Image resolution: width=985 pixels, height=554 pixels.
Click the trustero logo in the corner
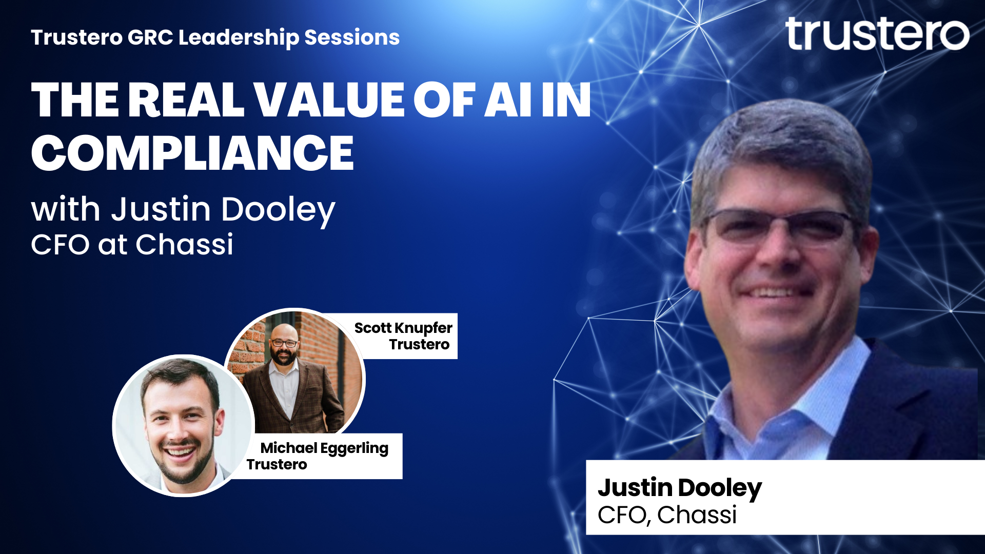coord(877,33)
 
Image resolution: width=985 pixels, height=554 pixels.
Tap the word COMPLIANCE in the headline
coord(192,153)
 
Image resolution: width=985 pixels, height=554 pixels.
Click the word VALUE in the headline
coord(329,100)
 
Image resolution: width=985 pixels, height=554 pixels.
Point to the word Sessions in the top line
coord(352,37)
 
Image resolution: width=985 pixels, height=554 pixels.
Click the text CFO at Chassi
coord(132,244)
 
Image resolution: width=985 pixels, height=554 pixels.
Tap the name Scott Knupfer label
coord(403,328)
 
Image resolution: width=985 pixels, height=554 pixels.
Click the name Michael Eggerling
coord(324,449)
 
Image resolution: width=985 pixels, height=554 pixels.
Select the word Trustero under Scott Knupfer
coord(419,345)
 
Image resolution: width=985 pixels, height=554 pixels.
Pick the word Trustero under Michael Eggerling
coord(277,465)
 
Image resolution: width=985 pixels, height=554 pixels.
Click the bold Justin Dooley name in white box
coord(680,488)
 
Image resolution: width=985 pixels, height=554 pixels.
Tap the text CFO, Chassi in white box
coord(667,515)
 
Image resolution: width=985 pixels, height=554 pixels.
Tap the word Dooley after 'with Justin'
coord(278,210)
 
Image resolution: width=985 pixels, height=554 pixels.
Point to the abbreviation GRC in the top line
coord(150,37)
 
